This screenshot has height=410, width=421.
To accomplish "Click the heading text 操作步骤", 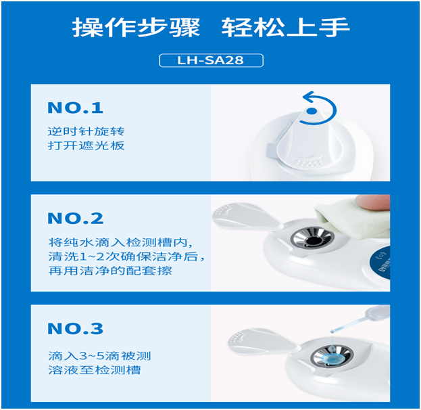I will point(137,28).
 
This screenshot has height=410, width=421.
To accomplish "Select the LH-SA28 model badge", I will point(211,61).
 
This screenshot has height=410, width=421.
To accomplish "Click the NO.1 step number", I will point(76,108).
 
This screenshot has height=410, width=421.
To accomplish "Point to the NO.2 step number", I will point(76,218).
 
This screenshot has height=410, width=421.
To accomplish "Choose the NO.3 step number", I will point(76,329).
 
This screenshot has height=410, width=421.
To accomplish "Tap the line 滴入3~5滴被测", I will point(99,355).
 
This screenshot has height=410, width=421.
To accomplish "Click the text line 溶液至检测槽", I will point(94,370).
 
